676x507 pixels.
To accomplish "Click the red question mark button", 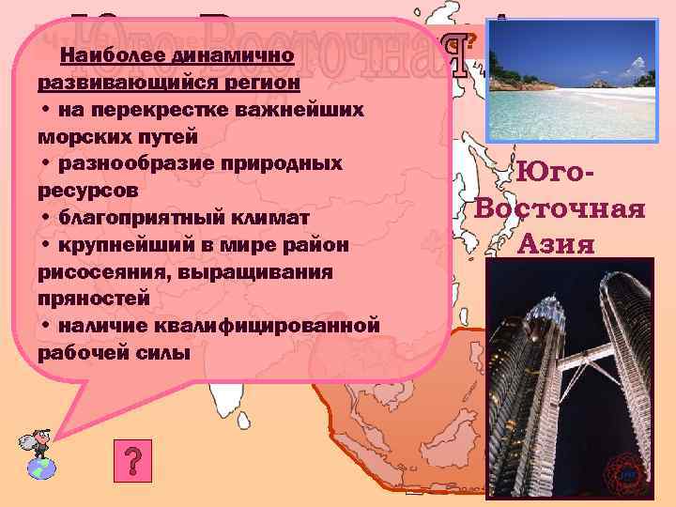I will pyautogui.click(x=133, y=461).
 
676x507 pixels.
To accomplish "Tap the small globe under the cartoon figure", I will pyautogui.click(x=40, y=467).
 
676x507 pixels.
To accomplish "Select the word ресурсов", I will pyautogui.click(x=86, y=191).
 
